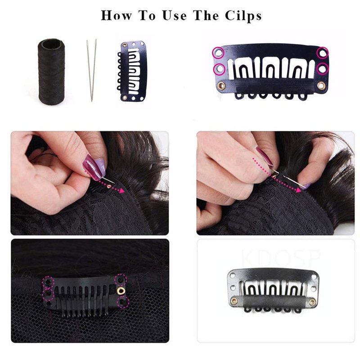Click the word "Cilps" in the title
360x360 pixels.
click(243, 16)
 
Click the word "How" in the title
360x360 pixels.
click(117, 15)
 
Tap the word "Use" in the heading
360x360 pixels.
click(174, 16)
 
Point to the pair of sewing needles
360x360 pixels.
click(92, 70)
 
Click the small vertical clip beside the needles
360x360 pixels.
click(132, 72)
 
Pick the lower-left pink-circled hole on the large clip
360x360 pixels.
click(220, 69)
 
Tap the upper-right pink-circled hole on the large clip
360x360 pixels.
click(323, 53)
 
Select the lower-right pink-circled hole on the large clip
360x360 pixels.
click(323, 69)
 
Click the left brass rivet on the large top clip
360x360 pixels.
click(222, 86)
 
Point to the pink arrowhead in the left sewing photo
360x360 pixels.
click(122, 190)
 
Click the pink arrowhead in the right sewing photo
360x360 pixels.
click(298, 190)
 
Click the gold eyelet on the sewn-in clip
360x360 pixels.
click(121, 291)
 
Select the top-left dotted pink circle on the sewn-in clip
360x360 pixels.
click(48, 282)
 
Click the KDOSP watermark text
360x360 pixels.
click(281, 258)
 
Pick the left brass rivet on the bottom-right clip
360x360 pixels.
click(234, 300)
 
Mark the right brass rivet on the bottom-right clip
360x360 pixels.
click(312, 301)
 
